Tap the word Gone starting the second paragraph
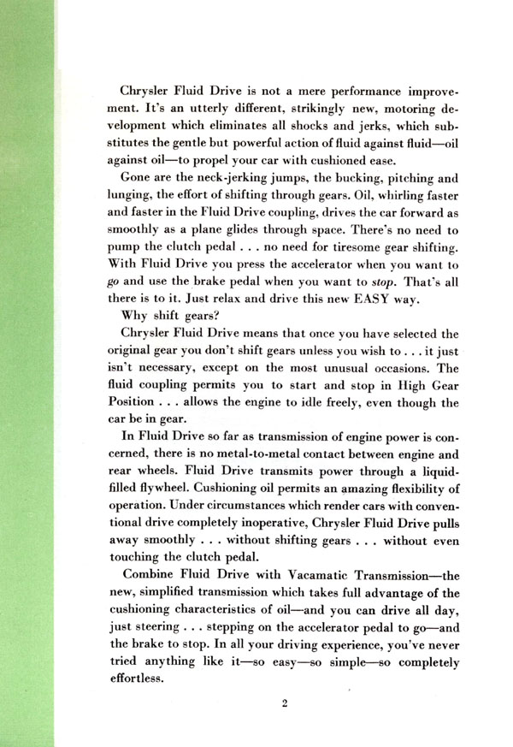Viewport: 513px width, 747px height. pyautogui.click(x=139, y=179)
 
